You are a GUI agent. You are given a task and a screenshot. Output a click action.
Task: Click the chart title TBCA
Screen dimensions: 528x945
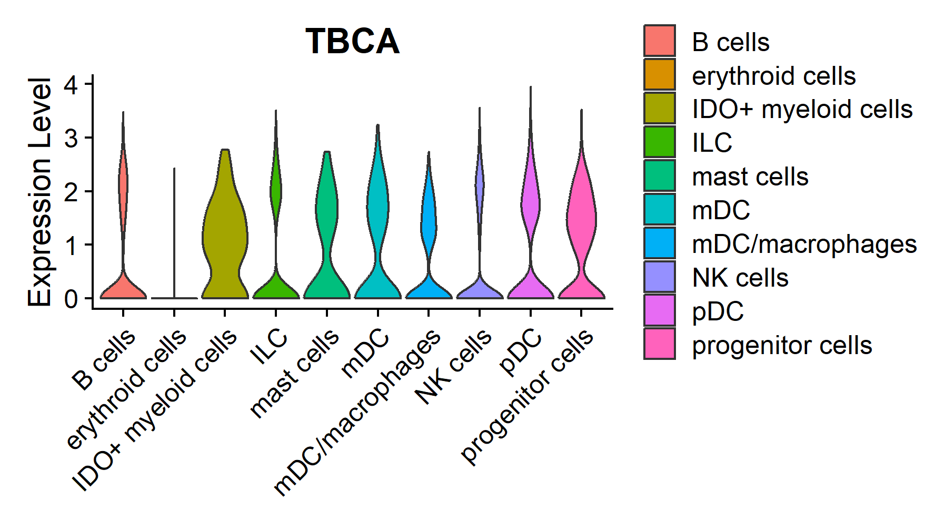coord(352,41)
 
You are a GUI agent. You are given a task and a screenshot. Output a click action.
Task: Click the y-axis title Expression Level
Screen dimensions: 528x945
coord(40,192)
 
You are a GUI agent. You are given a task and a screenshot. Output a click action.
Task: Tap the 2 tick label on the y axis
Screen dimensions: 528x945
coord(71,191)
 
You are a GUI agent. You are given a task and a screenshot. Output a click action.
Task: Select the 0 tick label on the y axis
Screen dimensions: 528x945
coord(71,299)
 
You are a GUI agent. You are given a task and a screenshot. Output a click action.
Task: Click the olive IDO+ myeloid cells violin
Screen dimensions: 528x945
coord(225,237)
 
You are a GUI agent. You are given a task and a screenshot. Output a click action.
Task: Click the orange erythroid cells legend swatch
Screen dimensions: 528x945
coord(659,75)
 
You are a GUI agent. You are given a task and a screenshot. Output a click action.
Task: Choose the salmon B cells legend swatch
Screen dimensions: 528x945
coord(659,41)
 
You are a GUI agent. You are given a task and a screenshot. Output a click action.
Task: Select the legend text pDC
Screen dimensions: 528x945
coord(718,311)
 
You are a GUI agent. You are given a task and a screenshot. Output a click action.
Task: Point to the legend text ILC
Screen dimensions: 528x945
coord(712,143)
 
